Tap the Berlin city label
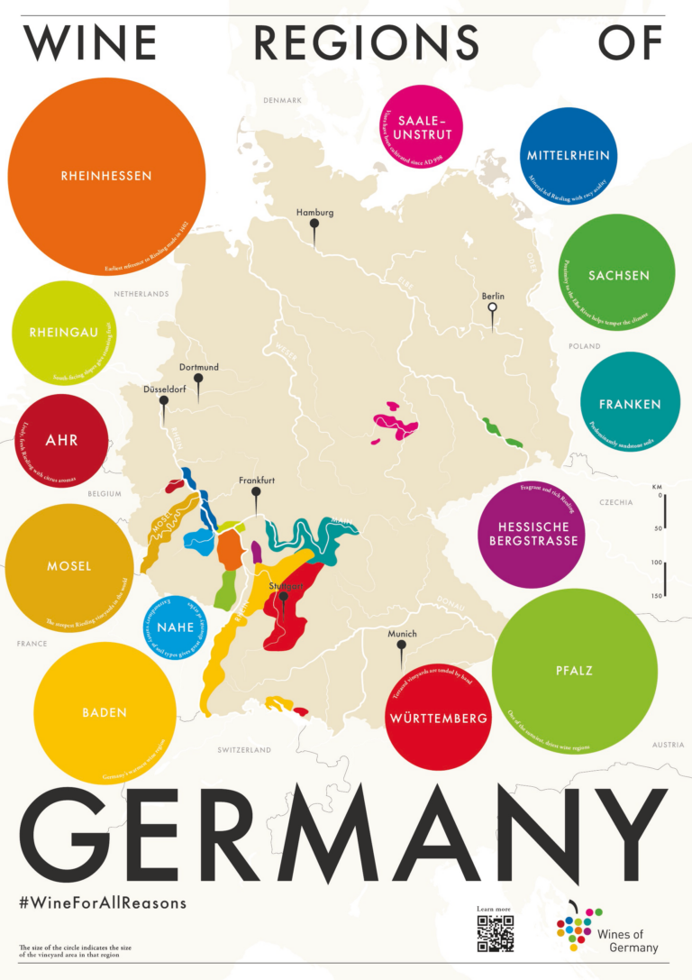point(492,296)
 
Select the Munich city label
point(402,634)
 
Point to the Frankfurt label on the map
point(256,481)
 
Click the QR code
point(495,933)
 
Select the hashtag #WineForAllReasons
point(102,902)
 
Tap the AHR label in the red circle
point(61,441)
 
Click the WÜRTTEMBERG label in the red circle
point(438,719)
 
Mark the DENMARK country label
point(281,100)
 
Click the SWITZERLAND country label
point(244,749)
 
